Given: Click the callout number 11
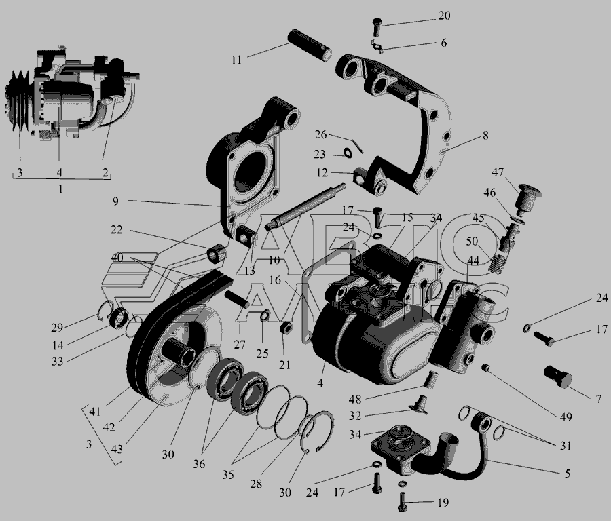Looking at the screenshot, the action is [236, 60].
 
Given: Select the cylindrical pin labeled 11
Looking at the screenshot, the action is [310, 45].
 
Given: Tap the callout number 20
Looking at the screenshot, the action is [444, 16].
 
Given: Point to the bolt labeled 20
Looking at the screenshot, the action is [376, 26].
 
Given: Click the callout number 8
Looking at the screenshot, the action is [485, 136].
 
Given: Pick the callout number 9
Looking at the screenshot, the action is [115, 201].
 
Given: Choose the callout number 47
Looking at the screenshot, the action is [498, 172].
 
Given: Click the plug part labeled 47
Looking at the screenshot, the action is [528, 199].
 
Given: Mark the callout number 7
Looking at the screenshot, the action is [599, 398].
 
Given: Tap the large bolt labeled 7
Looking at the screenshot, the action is [558, 377].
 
